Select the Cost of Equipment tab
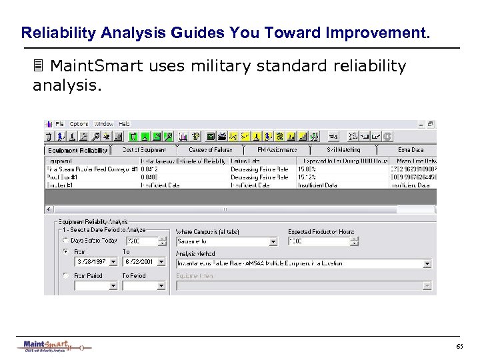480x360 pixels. coord(144,150)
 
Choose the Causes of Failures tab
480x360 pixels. coord(210,150)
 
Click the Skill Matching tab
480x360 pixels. coord(343,150)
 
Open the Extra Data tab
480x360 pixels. coord(411,150)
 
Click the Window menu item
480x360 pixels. coord(103,124)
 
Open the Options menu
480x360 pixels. coord(79,124)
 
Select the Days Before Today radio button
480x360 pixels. coord(65,241)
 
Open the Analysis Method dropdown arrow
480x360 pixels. coord(427,263)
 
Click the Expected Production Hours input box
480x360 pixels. coord(313,241)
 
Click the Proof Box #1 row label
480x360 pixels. coord(61,177)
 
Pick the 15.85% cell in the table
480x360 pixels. coord(306,169)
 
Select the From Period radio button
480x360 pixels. coord(65,275)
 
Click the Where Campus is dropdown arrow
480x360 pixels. coord(273,242)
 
